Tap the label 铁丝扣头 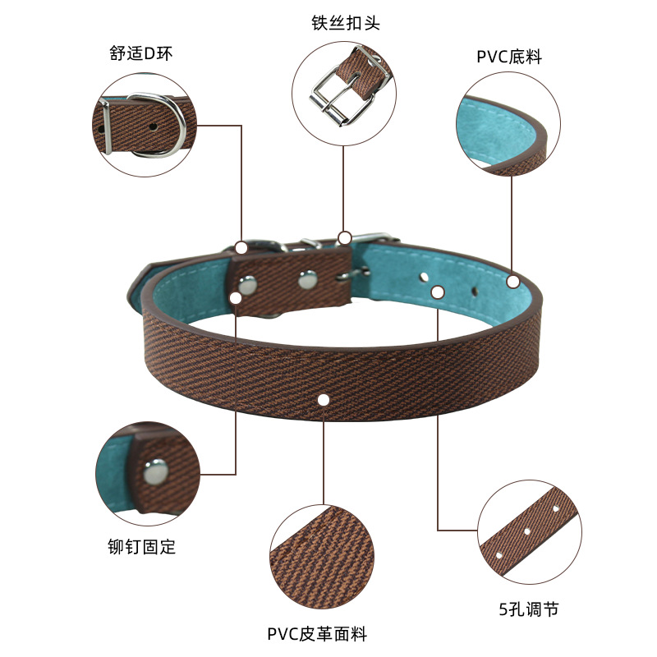346,22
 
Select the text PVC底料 509,57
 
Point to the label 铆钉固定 141,546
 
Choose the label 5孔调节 530,609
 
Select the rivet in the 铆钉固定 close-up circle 154,471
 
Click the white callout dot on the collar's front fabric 324,400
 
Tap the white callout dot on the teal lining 513,282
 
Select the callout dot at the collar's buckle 345,238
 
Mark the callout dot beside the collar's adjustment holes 438,292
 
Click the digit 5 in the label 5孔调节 503,609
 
